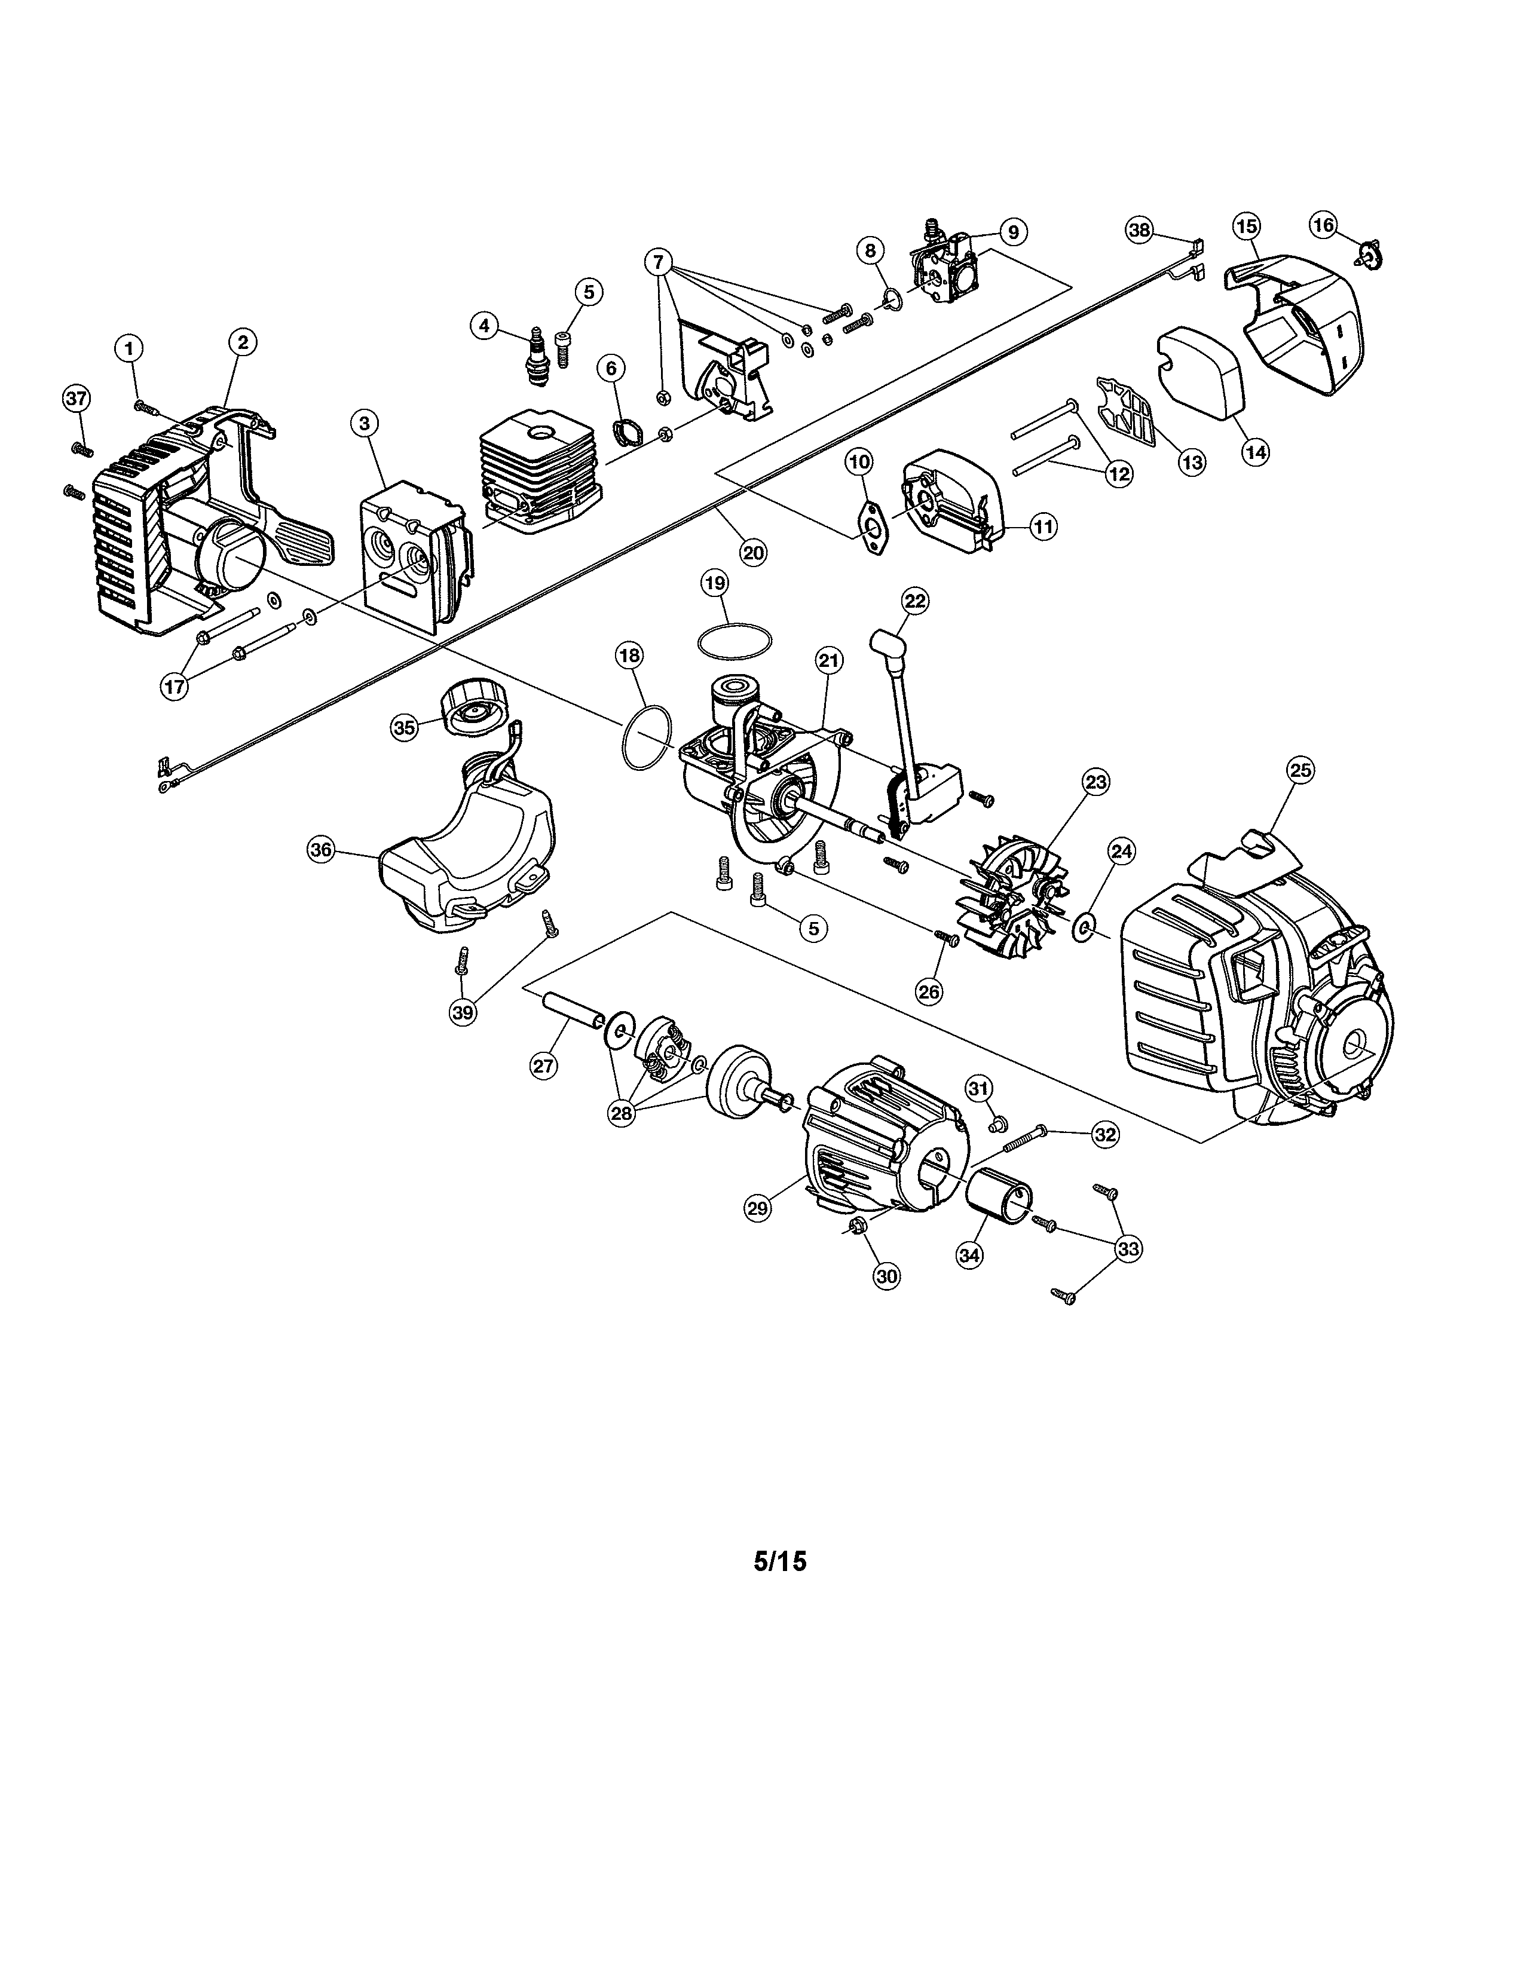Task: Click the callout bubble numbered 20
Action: (753, 553)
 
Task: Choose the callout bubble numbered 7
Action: (659, 263)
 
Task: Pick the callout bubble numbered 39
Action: (463, 1012)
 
